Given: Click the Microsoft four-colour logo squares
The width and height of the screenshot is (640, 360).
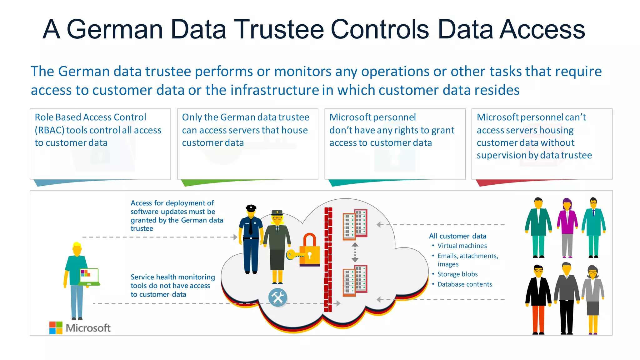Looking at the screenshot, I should pyautogui.click(x=56, y=327).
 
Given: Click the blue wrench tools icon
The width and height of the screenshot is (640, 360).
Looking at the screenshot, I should pyautogui.click(x=277, y=297).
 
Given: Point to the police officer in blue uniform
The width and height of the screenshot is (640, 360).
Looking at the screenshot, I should pyautogui.click(x=251, y=239).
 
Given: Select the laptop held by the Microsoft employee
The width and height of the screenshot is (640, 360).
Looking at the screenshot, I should pyautogui.click(x=89, y=277).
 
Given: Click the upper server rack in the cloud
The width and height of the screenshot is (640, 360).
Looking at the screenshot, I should pyautogui.click(x=355, y=225).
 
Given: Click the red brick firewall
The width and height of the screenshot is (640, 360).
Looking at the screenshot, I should pyautogui.click(x=328, y=259).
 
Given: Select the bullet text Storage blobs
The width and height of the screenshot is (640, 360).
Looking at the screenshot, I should pyautogui.click(x=457, y=274).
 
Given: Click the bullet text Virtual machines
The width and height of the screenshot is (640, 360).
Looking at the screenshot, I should pyautogui.click(x=462, y=246).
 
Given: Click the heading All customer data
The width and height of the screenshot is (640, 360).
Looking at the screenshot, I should pyautogui.click(x=457, y=236).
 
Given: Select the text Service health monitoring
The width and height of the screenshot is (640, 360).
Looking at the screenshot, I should pyautogui.click(x=172, y=277).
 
